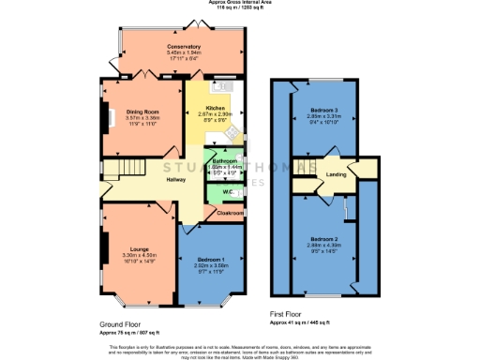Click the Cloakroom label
(x=230, y=213)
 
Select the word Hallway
(x=175, y=180)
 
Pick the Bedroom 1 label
(x=211, y=259)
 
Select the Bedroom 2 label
(x=322, y=239)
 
